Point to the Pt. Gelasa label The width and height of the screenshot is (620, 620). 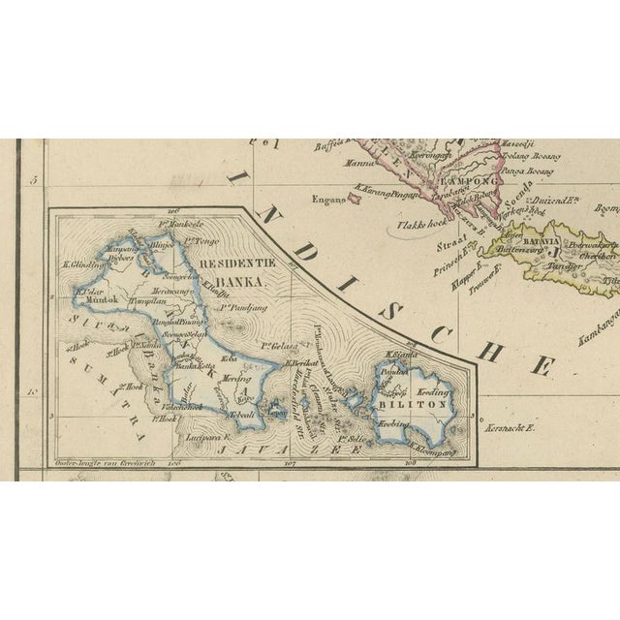click(277, 345)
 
